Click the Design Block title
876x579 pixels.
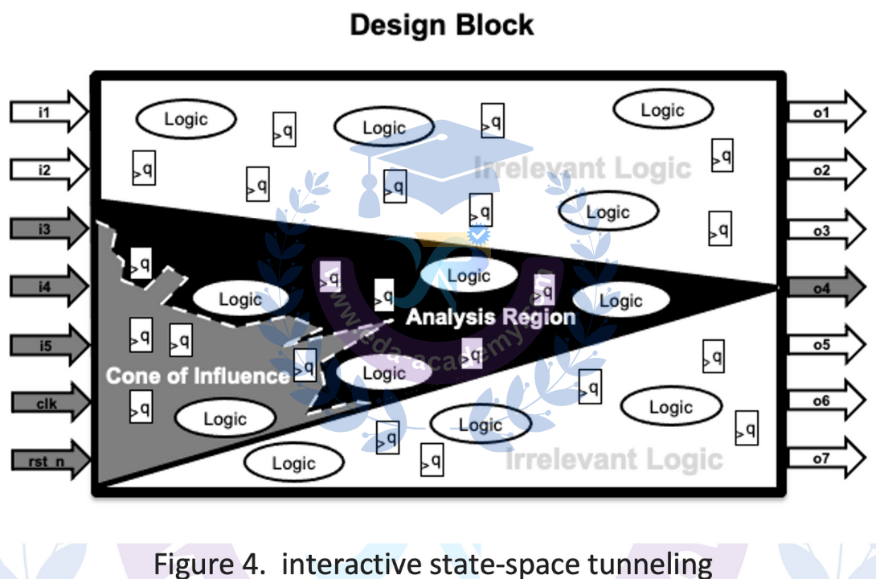click(442, 25)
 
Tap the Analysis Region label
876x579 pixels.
click(490, 317)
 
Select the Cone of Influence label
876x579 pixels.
click(198, 376)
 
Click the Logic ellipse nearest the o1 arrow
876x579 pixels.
click(662, 110)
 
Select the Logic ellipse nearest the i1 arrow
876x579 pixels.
click(186, 119)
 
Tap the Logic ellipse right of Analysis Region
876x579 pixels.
click(620, 301)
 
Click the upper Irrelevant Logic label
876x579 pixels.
click(583, 169)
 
